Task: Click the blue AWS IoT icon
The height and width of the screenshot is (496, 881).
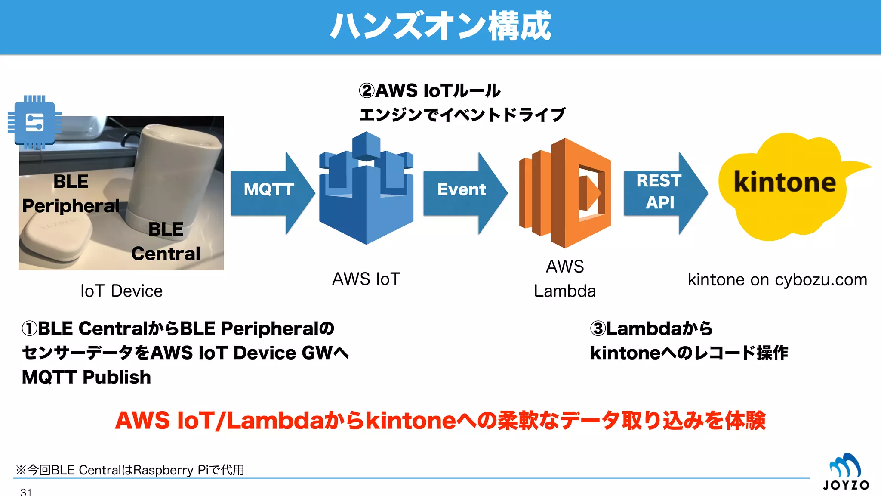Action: pyautogui.click(x=366, y=189)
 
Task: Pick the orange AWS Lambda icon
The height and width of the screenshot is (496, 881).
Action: pyautogui.click(x=565, y=192)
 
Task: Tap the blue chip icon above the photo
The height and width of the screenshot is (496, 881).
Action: pyautogui.click(x=34, y=123)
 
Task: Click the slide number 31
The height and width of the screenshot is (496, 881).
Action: pyautogui.click(x=26, y=492)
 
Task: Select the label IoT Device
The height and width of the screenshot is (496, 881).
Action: pyautogui.click(x=121, y=291)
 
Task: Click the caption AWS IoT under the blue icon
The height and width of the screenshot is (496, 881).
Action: pyautogui.click(x=366, y=279)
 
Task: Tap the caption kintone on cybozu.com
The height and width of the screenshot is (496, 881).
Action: pyautogui.click(x=777, y=280)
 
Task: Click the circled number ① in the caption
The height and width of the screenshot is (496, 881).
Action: pyautogui.click(x=29, y=329)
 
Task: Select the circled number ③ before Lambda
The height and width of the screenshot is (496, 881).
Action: pyautogui.click(x=598, y=329)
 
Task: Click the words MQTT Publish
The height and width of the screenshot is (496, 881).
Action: pyautogui.click(x=86, y=377)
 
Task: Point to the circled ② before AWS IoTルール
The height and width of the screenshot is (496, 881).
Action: pyautogui.click(x=367, y=91)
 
